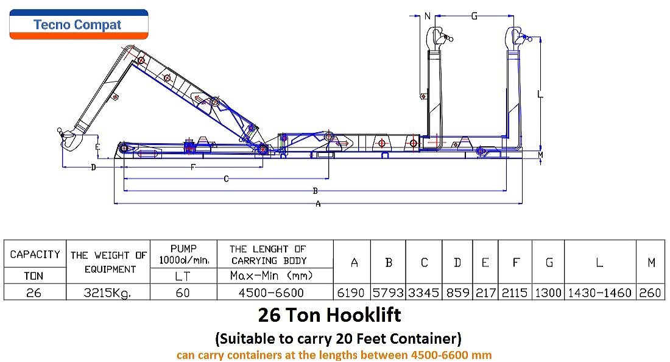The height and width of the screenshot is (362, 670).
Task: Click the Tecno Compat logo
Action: tap(79, 24)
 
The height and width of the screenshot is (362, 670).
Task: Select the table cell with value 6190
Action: tap(351, 293)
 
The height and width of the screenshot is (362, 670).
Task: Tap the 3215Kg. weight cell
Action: tap(108, 293)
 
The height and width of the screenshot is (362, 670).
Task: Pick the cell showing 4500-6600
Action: tap(271, 293)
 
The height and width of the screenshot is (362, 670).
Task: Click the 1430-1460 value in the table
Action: tap(599, 293)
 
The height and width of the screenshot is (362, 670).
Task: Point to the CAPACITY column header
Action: tap(35, 254)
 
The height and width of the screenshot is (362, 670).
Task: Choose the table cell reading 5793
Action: tap(388, 293)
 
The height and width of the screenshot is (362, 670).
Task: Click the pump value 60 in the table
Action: tap(183, 293)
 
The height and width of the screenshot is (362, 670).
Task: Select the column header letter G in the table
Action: tap(549, 263)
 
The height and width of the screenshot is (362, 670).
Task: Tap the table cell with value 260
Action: tap(650, 293)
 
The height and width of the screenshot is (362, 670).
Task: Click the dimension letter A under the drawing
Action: tap(318, 204)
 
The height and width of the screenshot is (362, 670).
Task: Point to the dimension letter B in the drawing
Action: tap(316, 191)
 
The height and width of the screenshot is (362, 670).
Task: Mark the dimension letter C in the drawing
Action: tap(226, 179)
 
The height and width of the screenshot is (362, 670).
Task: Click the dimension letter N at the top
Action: tap(428, 16)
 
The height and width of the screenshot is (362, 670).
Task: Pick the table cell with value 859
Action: tap(457, 293)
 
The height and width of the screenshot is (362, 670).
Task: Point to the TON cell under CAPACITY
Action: tap(33, 276)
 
